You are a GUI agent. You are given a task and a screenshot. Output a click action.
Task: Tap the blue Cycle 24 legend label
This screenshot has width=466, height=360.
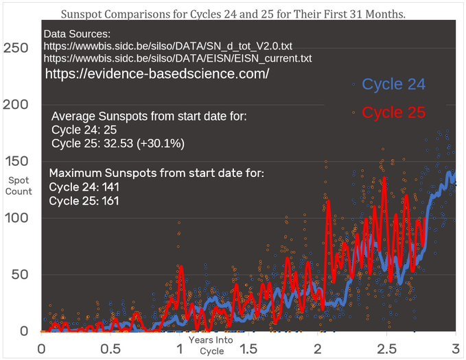(394, 85)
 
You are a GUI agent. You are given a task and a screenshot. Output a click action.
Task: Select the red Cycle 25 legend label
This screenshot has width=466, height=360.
(394, 112)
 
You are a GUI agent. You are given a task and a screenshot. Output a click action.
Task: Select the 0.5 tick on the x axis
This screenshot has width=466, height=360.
(111, 348)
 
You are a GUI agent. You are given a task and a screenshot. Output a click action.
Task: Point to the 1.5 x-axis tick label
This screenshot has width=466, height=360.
(248, 348)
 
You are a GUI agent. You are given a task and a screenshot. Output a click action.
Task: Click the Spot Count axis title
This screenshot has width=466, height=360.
(19, 186)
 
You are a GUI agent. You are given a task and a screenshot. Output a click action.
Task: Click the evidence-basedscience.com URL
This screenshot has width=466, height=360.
(157, 74)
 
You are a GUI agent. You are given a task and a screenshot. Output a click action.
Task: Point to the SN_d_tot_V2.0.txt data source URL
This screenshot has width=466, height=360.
(170, 46)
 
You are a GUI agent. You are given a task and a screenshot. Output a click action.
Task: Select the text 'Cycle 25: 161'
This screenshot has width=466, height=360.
(83, 201)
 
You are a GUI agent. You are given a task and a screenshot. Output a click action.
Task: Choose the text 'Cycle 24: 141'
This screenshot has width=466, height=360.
(83, 187)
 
